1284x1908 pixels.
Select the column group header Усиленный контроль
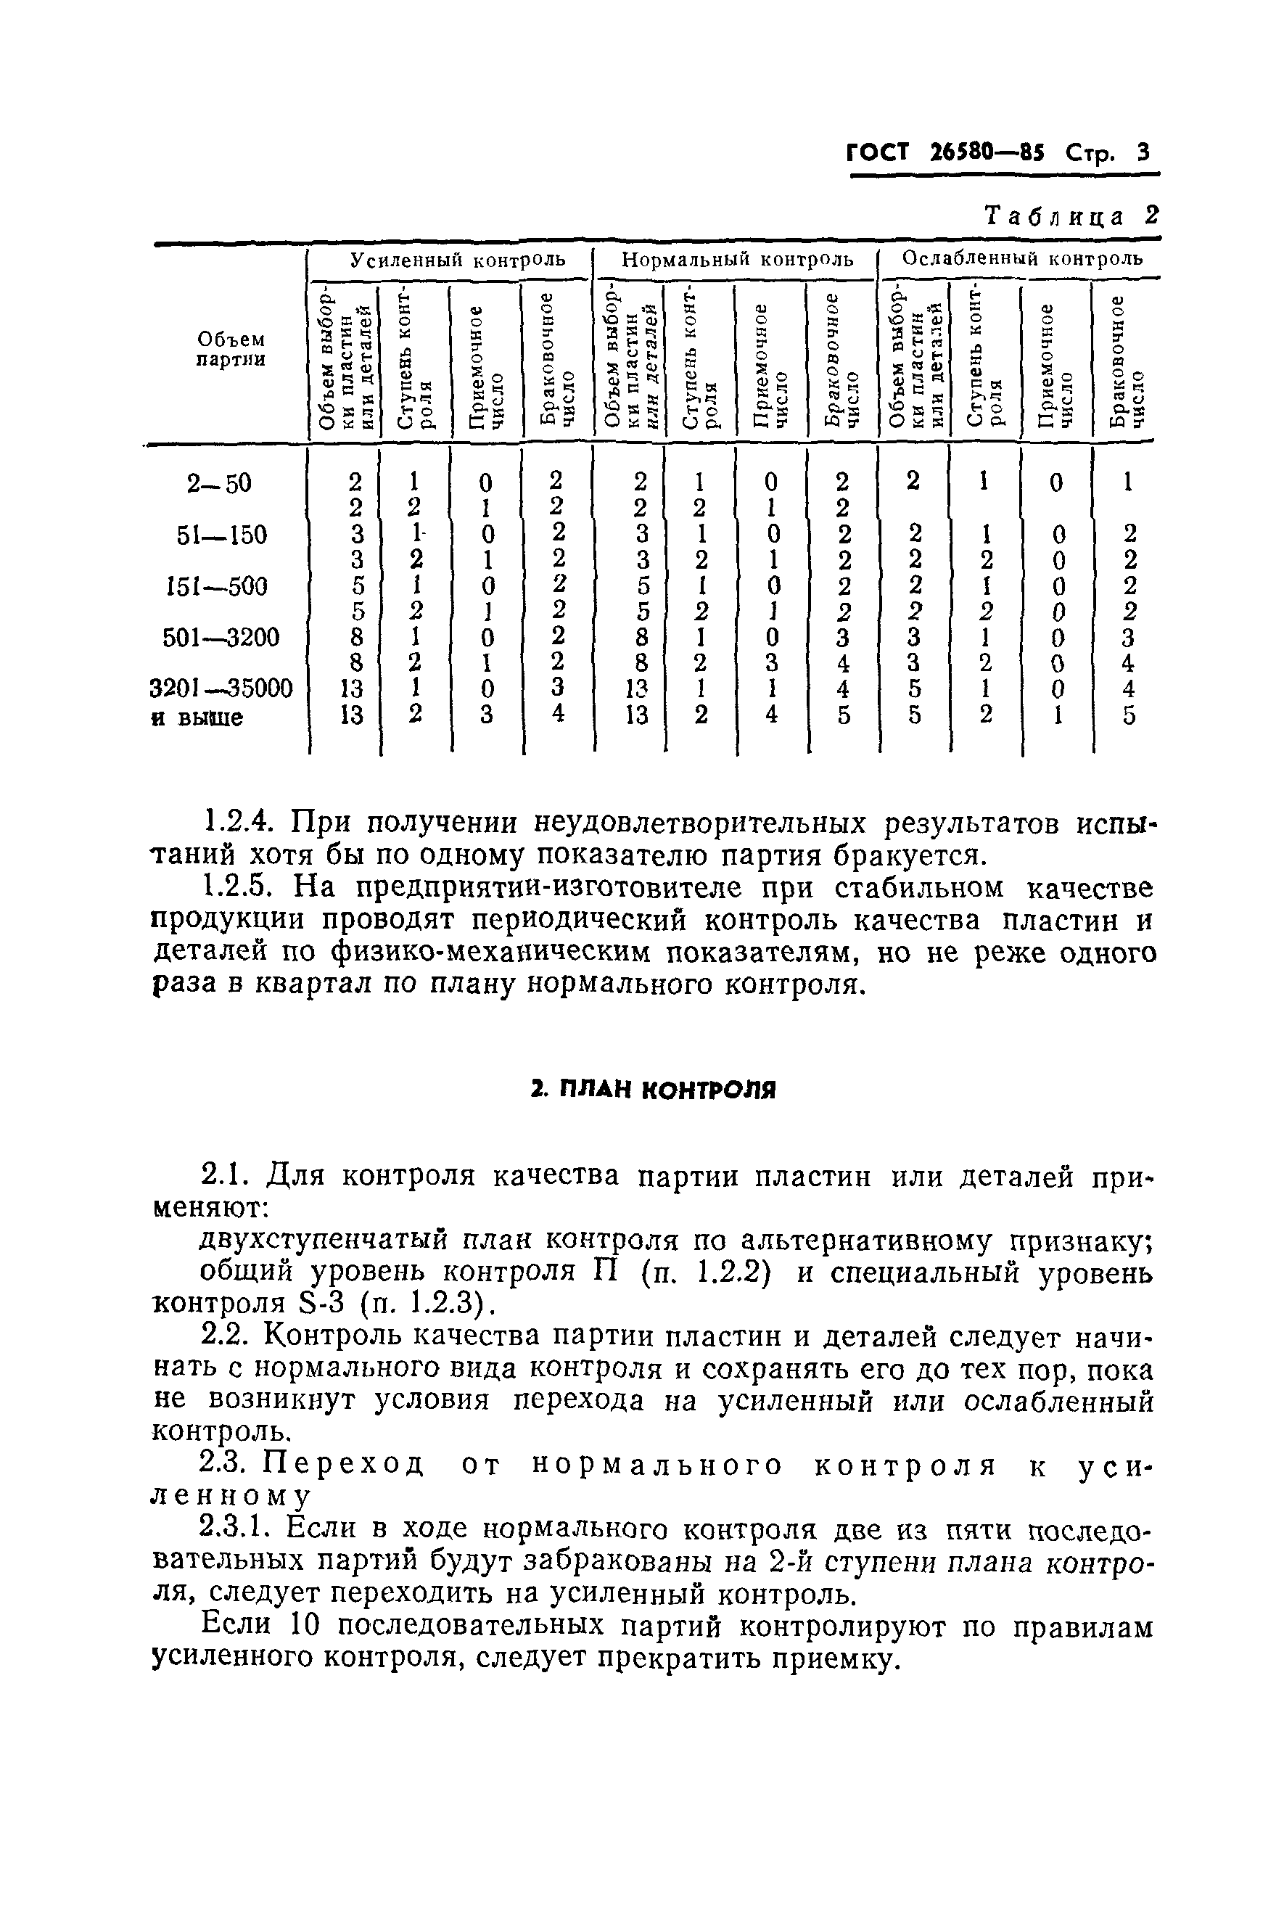[458, 260]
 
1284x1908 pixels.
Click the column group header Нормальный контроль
[738, 260]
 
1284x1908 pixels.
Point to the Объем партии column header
[231, 349]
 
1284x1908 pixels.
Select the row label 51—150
[222, 535]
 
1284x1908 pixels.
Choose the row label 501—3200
[221, 637]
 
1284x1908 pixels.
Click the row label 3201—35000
[221, 688]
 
